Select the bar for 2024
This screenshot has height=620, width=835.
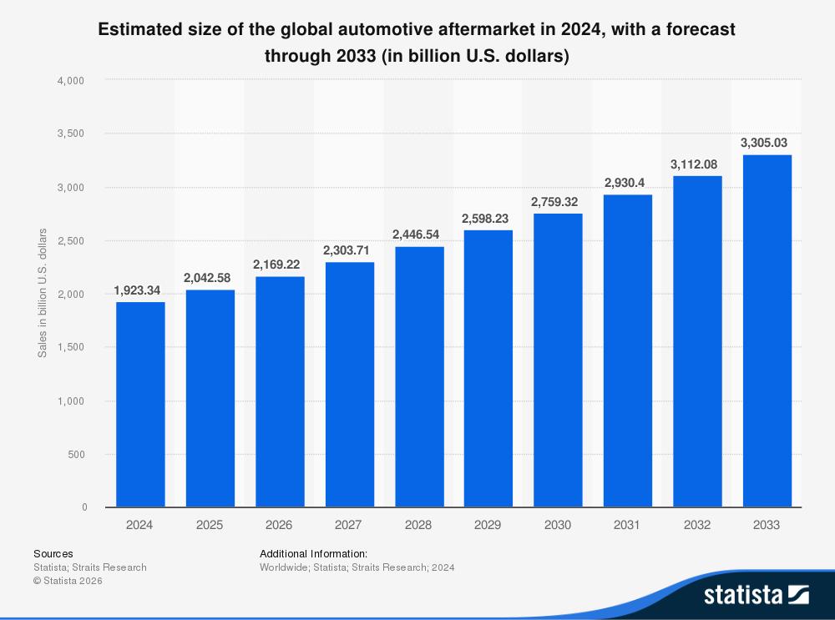click(x=140, y=405)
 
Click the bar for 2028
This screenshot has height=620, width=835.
click(x=419, y=377)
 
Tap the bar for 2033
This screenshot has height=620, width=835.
click(x=767, y=331)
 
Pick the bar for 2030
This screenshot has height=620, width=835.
click(x=558, y=360)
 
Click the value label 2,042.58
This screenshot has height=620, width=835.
click(x=210, y=277)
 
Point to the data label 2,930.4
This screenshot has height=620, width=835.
click(x=627, y=182)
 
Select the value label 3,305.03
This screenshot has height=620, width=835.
click(x=767, y=143)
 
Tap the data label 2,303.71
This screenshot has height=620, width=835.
click(x=349, y=250)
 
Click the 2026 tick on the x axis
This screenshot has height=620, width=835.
click(x=279, y=525)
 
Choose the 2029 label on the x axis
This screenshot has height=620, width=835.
click(x=488, y=525)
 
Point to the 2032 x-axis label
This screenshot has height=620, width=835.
click(x=697, y=525)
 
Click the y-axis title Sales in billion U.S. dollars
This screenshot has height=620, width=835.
click(x=43, y=293)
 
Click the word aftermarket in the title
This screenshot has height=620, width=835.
click(x=504, y=29)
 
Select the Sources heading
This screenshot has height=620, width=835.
click(x=53, y=553)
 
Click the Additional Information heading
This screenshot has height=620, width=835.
click(x=313, y=553)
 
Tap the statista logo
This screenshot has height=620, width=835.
click(x=756, y=594)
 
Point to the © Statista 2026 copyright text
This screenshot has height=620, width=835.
click(x=68, y=581)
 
